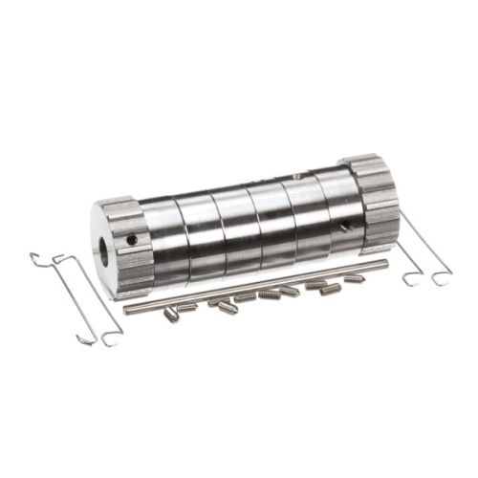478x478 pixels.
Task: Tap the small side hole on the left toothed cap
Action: (133, 239)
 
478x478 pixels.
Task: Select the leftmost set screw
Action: (171, 315)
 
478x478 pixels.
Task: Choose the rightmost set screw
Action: (354, 278)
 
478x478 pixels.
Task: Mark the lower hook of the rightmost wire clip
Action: (441, 279)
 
